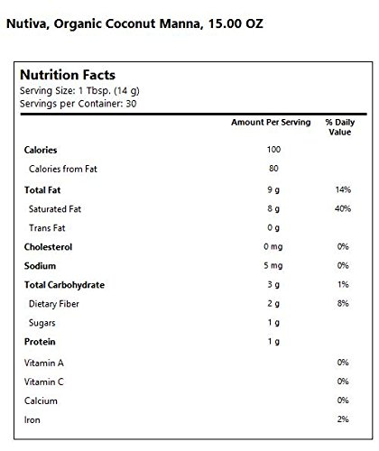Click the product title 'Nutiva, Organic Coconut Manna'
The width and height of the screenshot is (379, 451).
pyautogui.click(x=103, y=24)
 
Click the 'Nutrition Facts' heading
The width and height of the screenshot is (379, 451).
pyautogui.click(x=68, y=75)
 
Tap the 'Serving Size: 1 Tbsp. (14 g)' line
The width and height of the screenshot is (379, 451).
pyautogui.click(x=79, y=91)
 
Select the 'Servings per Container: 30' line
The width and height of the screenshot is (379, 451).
pyautogui.click(x=79, y=104)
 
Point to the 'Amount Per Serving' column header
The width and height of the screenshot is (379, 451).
pyautogui.click(x=271, y=123)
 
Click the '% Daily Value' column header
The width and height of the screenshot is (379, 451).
pyautogui.click(x=340, y=127)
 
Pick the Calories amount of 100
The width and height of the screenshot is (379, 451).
pyautogui.click(x=273, y=150)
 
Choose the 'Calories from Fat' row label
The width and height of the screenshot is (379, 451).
pyautogui.click(x=63, y=169)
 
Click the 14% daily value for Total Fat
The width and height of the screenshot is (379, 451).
pyautogui.click(x=343, y=189)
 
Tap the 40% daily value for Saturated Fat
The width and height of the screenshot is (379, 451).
pyautogui.click(x=343, y=208)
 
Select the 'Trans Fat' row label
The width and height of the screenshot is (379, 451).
pyautogui.click(x=47, y=228)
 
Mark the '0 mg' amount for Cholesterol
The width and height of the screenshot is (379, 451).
pyautogui.click(x=273, y=247)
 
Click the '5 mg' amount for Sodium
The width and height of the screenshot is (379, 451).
pyautogui.click(x=273, y=266)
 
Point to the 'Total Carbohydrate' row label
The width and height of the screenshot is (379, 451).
pyautogui.click(x=64, y=285)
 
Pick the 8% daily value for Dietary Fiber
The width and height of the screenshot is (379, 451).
pyautogui.click(x=343, y=303)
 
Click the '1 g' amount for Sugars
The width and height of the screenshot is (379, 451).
pyautogui.click(x=273, y=323)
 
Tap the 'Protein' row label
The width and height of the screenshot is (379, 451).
pyautogui.click(x=40, y=342)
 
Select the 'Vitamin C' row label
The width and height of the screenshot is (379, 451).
pyautogui.click(x=44, y=382)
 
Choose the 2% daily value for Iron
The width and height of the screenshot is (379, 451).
pyautogui.click(x=343, y=419)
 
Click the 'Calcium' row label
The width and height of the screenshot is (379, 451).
pyautogui.click(x=41, y=400)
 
